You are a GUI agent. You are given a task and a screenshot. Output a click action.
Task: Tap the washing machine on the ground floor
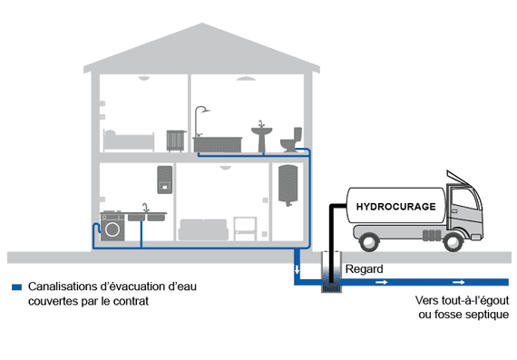pos(113,229)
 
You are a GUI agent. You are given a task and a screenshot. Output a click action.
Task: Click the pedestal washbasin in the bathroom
pos(262,136)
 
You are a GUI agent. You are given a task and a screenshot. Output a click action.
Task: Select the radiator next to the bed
pos(175,141)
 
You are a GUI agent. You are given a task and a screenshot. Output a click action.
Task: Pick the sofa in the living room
pos(204,228)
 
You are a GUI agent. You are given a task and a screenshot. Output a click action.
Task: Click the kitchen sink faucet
pos(145,208)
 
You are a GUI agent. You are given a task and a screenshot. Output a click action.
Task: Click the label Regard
pos(363,269)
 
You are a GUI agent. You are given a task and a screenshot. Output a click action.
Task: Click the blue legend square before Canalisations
pos(15,287)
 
